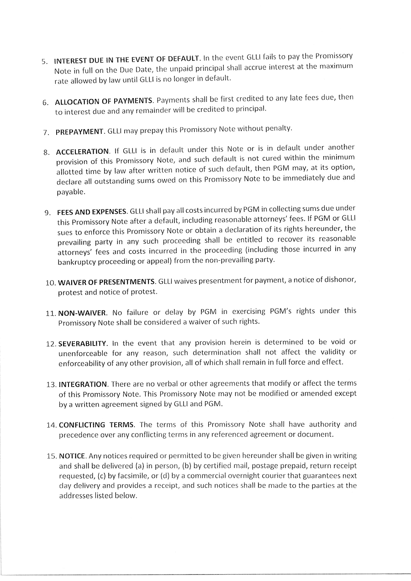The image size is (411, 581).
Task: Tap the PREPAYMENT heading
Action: (80, 132)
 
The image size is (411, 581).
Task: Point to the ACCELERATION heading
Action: (83, 151)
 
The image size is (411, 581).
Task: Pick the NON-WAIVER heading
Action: (83, 313)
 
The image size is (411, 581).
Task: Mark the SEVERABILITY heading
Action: (83, 343)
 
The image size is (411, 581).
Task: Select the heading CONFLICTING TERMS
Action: (96, 425)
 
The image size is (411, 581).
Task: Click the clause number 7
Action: (46, 132)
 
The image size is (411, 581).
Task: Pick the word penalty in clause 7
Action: (279, 129)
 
